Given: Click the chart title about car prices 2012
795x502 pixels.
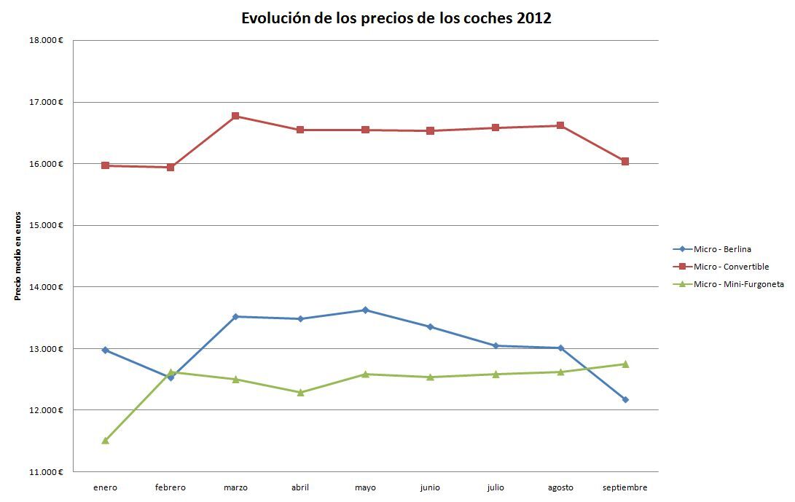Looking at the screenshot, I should coord(396,19).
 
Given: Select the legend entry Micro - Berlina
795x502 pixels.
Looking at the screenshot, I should coord(722,249).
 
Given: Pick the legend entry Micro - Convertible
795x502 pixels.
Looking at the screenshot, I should coord(731,267).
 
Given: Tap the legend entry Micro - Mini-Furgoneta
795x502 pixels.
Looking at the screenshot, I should coord(738,284).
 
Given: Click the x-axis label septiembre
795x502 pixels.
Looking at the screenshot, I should coord(625,488).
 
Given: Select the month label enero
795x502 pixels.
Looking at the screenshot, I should coord(106,488).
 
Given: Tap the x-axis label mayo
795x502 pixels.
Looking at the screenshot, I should coord(365,488).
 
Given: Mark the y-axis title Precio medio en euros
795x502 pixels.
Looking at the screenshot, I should coord(17,256).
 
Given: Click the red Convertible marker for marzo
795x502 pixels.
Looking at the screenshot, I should coord(235,116).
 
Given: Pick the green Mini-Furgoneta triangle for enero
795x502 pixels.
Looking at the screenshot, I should coord(106,440).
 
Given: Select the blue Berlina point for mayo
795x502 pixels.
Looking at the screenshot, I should coord(365,310).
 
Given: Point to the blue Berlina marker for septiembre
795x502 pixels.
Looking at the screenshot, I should coord(625,399).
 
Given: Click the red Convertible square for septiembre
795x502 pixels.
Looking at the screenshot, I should coord(625,161).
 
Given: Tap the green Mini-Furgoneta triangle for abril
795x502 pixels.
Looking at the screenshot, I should coord(300,392).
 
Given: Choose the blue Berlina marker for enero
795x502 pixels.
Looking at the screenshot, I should coord(106,350).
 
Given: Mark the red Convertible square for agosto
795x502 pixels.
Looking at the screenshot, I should coord(560,125).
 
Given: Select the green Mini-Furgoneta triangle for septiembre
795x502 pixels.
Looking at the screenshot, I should coord(625,364).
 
